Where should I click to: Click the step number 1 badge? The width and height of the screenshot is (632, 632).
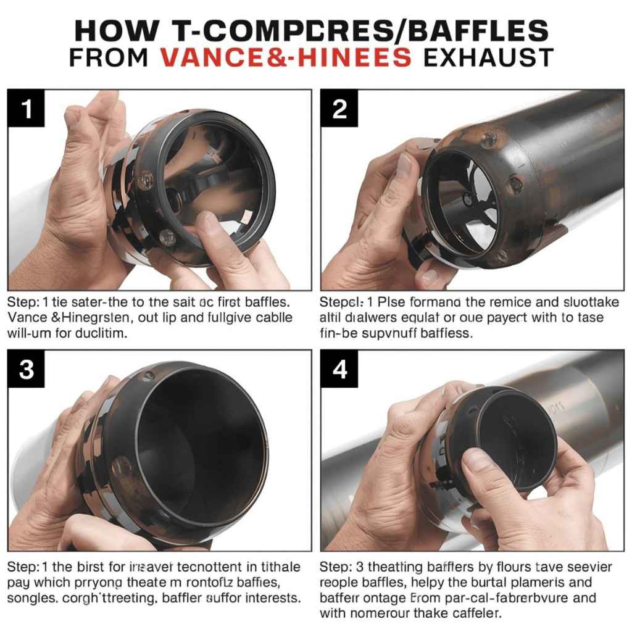point(26,109)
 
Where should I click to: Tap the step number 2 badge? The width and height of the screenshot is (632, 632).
point(339,109)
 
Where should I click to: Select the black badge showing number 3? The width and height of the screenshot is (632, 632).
point(26,368)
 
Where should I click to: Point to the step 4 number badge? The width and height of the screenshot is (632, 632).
point(339,368)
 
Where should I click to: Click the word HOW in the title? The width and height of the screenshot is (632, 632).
point(110,30)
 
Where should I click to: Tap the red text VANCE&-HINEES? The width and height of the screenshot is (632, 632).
point(285,57)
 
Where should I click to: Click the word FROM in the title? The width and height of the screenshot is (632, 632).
point(109,57)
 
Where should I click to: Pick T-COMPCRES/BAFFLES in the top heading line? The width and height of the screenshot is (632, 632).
point(352,30)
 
